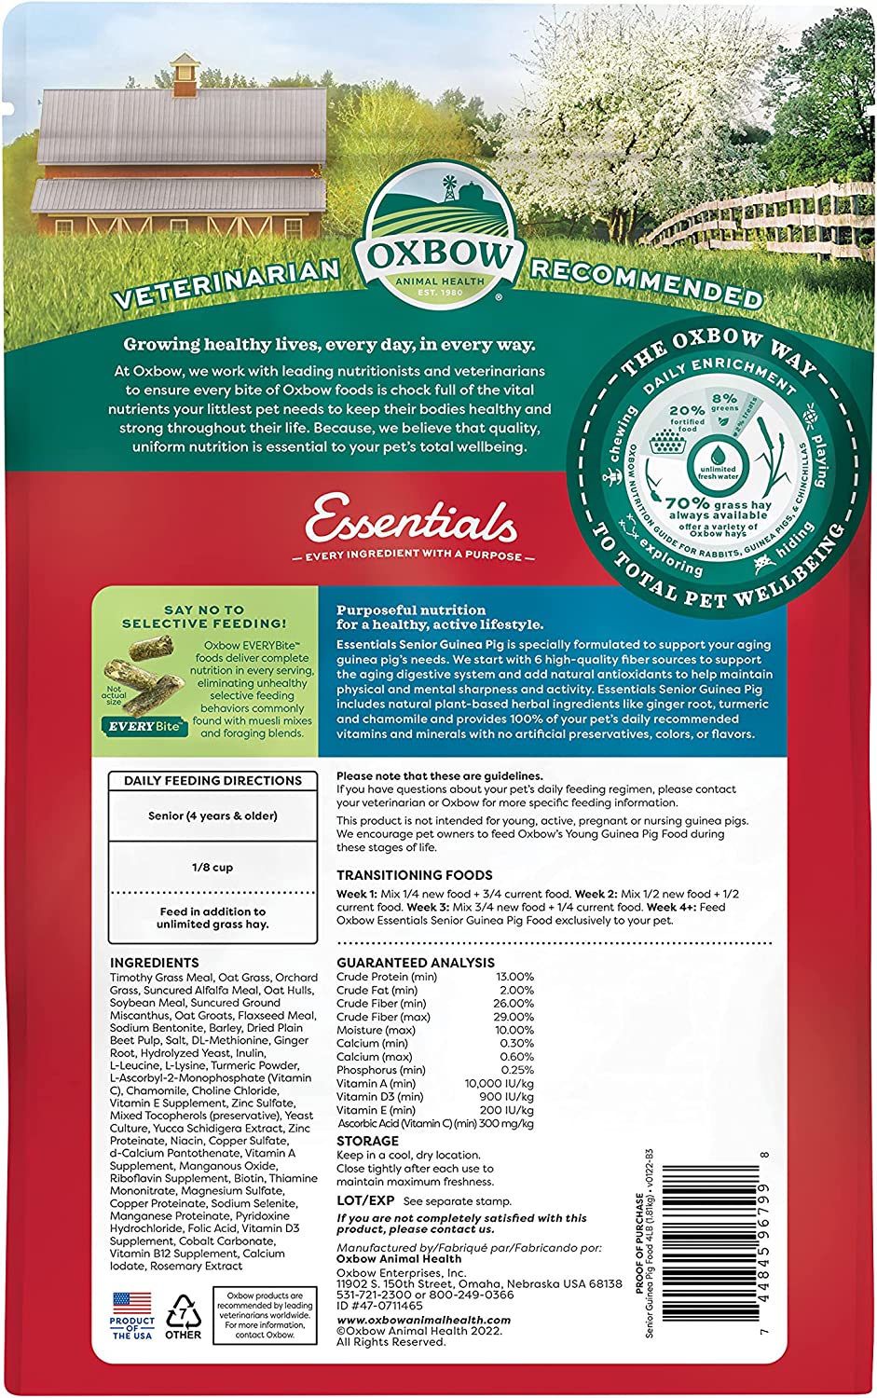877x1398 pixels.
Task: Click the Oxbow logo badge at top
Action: tap(438, 239)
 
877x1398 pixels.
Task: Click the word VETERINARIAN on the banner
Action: tap(226, 283)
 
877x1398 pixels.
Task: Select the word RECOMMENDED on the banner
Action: tap(647, 281)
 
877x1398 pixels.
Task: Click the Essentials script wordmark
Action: tap(411, 521)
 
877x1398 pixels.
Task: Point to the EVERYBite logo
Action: tap(144, 726)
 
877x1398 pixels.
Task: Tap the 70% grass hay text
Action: tap(718, 504)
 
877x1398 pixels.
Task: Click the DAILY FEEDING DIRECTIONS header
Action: tap(212, 780)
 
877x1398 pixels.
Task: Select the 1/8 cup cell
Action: tap(212, 867)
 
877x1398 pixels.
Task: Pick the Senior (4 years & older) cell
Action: tap(212, 815)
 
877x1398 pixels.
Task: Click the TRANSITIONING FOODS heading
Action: tap(414, 875)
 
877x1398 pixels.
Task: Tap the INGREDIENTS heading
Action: tap(154, 963)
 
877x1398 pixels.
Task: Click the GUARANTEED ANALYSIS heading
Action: tap(416, 963)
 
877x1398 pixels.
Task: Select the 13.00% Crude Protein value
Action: tap(515, 977)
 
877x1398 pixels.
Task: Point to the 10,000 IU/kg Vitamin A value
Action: tap(500, 1084)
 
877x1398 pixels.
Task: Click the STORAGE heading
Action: tap(367, 1141)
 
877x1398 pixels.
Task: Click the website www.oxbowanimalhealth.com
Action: tap(423, 1320)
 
